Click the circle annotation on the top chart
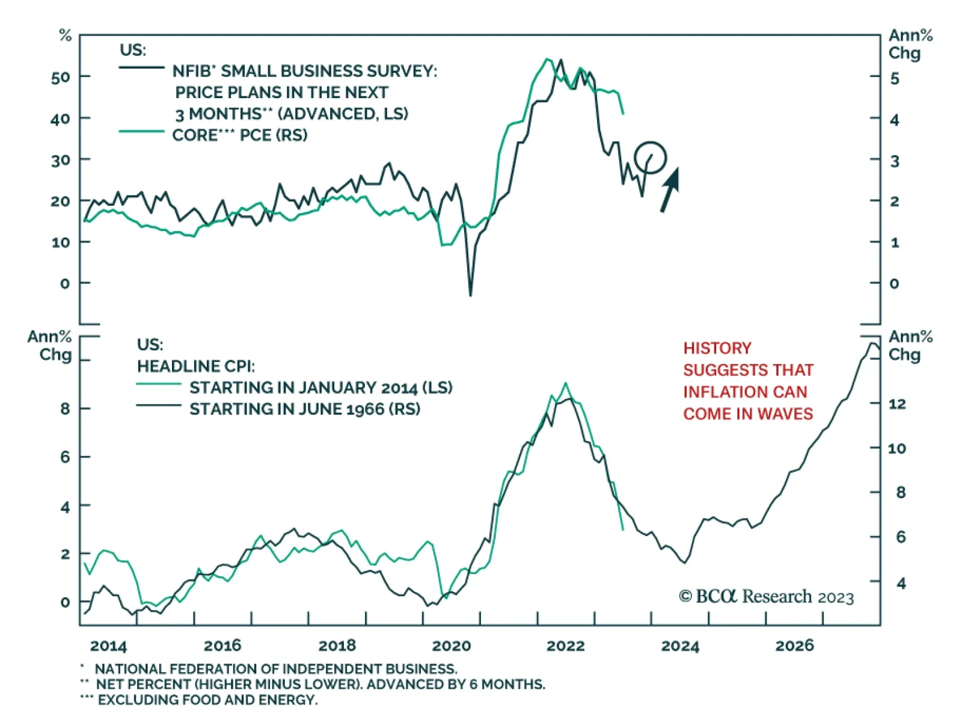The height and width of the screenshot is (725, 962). (650, 158)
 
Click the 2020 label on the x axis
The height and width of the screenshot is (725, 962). (451, 646)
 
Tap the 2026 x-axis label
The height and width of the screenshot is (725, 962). (794, 646)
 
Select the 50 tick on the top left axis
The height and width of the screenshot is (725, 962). (60, 77)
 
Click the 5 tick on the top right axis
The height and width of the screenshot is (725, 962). (895, 78)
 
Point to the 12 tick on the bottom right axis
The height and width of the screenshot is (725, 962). (896, 404)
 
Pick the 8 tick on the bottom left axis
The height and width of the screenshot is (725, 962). (65, 409)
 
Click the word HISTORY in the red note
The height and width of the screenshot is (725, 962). (717, 348)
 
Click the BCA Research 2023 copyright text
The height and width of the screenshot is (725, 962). (767, 596)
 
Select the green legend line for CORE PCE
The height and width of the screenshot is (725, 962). (142, 131)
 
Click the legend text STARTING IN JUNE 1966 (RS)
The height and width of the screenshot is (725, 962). (305, 409)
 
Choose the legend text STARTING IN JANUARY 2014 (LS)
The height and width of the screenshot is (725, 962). (321, 387)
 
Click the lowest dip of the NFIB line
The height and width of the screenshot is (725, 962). (470, 295)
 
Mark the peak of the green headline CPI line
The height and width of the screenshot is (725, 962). (565, 383)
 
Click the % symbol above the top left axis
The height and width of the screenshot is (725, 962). (65, 36)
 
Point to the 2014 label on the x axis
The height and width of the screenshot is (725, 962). (108, 646)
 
